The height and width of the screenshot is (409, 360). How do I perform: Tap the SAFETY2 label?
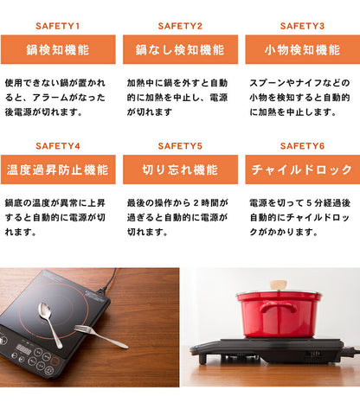tap(181, 27)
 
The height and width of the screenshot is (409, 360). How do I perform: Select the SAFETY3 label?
tap(302, 27)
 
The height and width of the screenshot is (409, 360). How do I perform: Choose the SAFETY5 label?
tap(181, 146)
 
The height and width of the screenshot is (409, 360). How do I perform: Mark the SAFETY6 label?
tap(302, 146)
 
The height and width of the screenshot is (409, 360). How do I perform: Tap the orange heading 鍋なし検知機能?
tap(181, 50)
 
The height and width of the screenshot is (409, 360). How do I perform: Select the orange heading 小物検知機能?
tap(302, 50)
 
